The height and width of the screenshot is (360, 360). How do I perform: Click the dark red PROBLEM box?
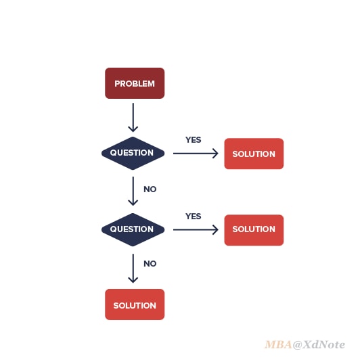pos(135,83)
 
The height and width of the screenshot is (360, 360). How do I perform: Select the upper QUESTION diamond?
pos(133,153)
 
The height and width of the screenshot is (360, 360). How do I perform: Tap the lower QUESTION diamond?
pos(133,229)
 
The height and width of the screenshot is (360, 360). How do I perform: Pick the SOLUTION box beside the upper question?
pos(254,154)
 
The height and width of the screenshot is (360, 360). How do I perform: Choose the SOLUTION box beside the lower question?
pos(254,230)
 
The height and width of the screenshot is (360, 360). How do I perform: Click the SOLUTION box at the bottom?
pos(135,305)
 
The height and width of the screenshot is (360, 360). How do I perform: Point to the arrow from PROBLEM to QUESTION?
pos(133,117)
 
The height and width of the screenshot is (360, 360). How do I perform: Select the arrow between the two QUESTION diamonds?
pos(133,191)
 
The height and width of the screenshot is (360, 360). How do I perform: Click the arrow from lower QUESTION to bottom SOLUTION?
pos(133,268)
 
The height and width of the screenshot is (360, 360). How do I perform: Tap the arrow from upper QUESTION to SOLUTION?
pos(196,153)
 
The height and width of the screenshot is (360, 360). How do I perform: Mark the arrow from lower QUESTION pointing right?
pos(196,229)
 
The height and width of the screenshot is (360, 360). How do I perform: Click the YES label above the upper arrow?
pos(194,140)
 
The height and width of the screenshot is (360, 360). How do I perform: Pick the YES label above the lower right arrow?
pos(194,217)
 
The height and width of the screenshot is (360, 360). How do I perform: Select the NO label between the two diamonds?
pos(150,189)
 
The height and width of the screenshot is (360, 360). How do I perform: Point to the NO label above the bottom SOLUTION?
pos(150,264)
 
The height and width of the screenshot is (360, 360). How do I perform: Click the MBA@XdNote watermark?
pos(305,344)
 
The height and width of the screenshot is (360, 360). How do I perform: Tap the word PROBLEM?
pos(135,84)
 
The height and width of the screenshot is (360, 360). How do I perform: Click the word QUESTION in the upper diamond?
pos(132,153)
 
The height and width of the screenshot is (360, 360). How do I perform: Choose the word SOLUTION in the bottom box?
pos(135,306)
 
